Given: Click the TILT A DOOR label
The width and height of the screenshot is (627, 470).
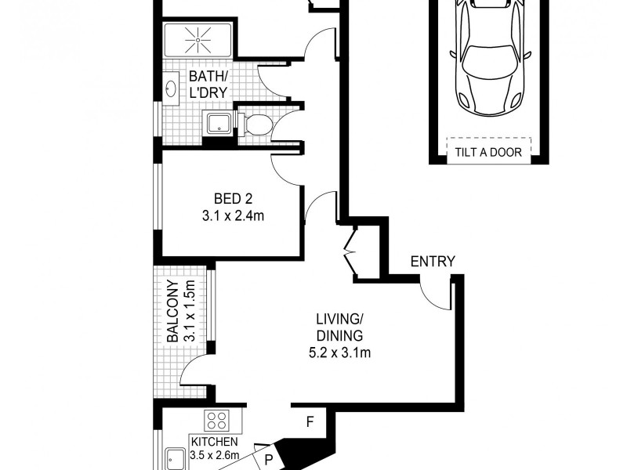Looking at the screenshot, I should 487,152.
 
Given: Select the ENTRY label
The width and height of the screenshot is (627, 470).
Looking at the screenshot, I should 433,262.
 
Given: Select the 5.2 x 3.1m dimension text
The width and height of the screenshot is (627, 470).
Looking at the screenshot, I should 339,353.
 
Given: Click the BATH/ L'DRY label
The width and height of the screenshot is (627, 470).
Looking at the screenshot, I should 208,84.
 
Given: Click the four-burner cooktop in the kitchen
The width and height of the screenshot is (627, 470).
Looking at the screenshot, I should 216,420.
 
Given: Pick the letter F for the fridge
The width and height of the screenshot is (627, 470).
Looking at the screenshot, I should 310,421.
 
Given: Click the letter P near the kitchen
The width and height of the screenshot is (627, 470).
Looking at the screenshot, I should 268,461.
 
